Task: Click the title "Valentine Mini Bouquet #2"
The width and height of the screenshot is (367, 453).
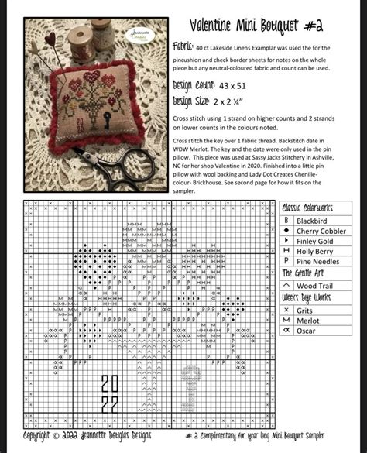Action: click(256, 26)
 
